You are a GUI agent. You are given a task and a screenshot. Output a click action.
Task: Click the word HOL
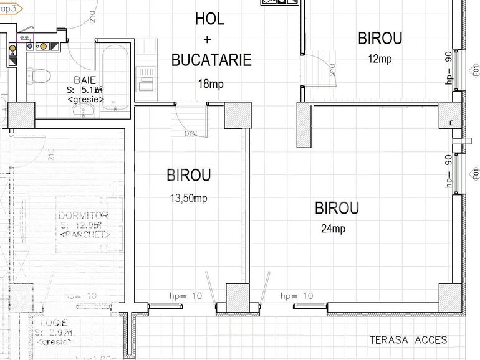[209, 19]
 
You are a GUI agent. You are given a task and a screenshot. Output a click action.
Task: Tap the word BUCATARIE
[211, 60]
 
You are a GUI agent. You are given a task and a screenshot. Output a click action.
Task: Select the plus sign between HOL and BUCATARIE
[208, 39]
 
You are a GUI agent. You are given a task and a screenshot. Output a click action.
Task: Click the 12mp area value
[380, 59]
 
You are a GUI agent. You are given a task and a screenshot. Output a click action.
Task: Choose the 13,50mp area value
[188, 199]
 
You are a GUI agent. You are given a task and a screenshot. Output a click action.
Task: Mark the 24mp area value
[333, 229]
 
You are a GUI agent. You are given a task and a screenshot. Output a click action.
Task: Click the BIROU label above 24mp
[337, 208]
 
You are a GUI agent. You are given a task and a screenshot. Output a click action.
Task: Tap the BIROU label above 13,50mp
[188, 176]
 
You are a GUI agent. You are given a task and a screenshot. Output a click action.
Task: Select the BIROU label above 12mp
[380, 38]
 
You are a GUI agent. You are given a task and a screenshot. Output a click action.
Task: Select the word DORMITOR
[83, 216]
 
